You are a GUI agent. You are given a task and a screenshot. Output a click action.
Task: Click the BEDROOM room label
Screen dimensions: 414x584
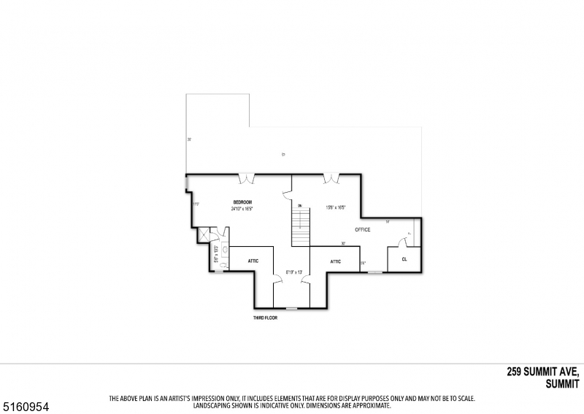pyautogui.click(x=242, y=202)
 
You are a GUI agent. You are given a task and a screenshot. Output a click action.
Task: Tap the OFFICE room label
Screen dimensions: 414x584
pyautogui.click(x=363, y=230)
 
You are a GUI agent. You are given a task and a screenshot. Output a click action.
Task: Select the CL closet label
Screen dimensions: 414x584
pyautogui.click(x=404, y=258)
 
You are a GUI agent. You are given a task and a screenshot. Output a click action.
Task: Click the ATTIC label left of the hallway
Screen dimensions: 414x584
pyautogui.click(x=253, y=261)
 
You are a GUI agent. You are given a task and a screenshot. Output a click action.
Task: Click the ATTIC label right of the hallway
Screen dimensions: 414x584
pyautogui.click(x=335, y=261)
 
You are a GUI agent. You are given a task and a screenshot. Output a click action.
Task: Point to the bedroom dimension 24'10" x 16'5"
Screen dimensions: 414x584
pyautogui.click(x=242, y=209)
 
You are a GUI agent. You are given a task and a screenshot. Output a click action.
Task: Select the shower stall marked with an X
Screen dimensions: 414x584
pyautogui.click(x=204, y=234)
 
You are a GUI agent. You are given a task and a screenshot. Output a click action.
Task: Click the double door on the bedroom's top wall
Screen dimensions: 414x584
pyautogui.click(x=249, y=177)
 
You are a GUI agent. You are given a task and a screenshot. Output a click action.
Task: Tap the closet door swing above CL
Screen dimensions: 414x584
pyautogui.click(x=402, y=242)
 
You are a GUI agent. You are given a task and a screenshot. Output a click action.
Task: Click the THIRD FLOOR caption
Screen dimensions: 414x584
pyautogui.click(x=265, y=318)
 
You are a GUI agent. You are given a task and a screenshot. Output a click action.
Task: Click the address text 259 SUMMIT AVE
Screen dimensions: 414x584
pyautogui.click(x=543, y=372)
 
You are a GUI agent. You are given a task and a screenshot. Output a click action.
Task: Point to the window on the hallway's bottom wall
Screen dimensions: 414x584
pyautogui.click(x=291, y=308)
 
